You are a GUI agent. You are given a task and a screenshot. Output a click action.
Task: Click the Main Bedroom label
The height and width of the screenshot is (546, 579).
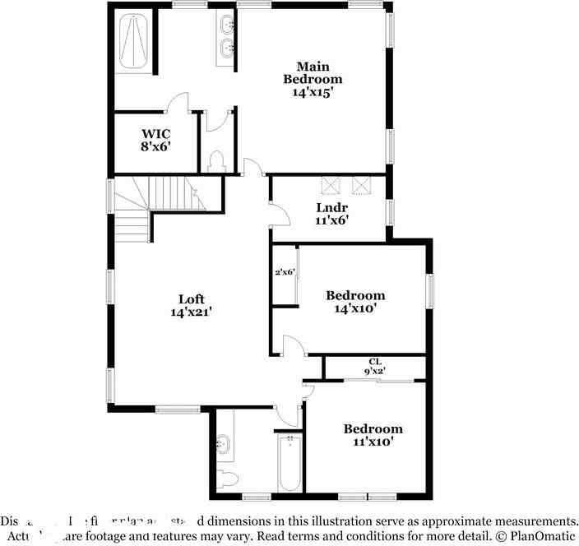[313, 79]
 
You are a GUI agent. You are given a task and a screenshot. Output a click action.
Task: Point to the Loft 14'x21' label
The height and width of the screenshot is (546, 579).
[192, 306]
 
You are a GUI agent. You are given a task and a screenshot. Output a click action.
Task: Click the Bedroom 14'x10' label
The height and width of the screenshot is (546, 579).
[355, 302]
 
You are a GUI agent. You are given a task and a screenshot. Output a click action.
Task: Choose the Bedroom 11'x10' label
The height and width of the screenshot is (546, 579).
[373, 435]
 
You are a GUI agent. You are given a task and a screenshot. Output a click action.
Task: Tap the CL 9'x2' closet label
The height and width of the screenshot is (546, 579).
[375, 366]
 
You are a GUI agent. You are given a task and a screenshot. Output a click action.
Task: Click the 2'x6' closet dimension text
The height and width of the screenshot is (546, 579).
[285, 272]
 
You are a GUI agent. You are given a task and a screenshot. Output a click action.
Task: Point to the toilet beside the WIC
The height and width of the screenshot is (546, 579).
[217, 160]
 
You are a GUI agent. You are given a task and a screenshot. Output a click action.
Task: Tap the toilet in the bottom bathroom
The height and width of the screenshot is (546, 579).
[226, 479]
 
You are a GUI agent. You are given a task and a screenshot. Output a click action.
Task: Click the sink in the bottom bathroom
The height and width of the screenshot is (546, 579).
[223, 445]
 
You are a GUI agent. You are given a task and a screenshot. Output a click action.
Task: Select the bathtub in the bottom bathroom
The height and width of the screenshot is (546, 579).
[289, 463]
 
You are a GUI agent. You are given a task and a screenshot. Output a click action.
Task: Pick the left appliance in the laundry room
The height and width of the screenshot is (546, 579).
[331, 184]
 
